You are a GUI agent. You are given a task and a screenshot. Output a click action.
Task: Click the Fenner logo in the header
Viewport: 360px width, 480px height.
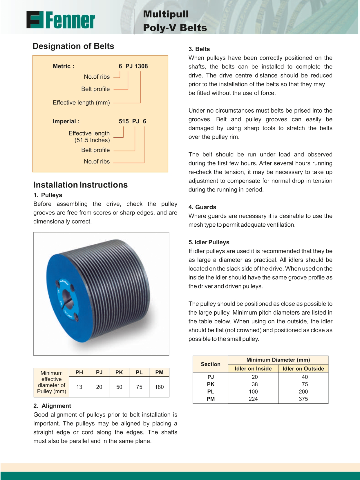click(61, 20)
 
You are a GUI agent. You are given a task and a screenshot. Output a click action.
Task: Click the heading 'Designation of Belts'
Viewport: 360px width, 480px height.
click(73, 46)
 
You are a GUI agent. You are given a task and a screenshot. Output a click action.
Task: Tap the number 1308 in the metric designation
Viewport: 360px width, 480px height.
click(141, 66)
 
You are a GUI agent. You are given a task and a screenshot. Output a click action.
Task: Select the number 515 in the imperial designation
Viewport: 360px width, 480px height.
click(124, 121)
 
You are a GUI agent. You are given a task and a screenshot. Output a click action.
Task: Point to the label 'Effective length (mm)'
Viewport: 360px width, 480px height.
click(81, 103)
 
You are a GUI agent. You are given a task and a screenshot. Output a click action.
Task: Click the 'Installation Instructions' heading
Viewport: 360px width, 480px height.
click(80, 185)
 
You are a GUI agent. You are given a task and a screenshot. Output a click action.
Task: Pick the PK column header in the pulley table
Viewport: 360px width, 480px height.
click(119, 372)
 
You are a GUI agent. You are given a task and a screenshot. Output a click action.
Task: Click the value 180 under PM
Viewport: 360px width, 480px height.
click(159, 387)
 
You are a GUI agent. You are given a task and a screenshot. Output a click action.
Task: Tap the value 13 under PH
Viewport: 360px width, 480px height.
click(79, 387)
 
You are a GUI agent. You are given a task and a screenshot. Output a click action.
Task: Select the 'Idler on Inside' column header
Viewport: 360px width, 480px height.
click(253, 369)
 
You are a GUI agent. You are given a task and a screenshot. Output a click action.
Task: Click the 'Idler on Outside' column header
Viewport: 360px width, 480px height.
click(303, 369)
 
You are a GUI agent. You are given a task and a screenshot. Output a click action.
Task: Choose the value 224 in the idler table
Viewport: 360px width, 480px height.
click(253, 399)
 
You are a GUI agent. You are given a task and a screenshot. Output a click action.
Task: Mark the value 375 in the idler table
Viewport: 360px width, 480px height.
click(303, 399)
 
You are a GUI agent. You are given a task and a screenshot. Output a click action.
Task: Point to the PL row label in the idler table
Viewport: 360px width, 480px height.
click(211, 391)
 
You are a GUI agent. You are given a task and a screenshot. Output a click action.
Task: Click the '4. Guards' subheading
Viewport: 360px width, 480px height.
click(202, 207)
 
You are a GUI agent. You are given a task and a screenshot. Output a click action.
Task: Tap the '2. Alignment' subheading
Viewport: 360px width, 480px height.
click(52, 406)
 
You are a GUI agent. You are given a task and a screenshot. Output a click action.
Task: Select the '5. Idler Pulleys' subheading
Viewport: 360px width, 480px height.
click(209, 242)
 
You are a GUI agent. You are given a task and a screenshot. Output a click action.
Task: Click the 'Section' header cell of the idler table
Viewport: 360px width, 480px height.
click(211, 364)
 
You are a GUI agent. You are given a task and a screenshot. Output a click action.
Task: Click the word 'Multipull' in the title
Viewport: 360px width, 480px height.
click(166, 14)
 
